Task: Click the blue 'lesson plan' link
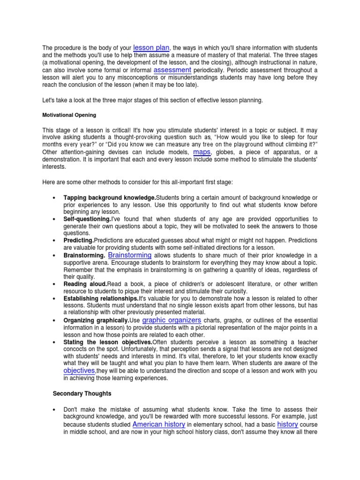151,47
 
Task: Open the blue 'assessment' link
172,70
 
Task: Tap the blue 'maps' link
202,152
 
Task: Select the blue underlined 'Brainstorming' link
130,255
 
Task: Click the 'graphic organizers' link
172,320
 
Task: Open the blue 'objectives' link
79,370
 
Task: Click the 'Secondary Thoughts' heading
82,394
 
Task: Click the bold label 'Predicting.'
78,240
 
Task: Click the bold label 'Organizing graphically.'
96,321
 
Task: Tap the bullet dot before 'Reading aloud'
55,285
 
